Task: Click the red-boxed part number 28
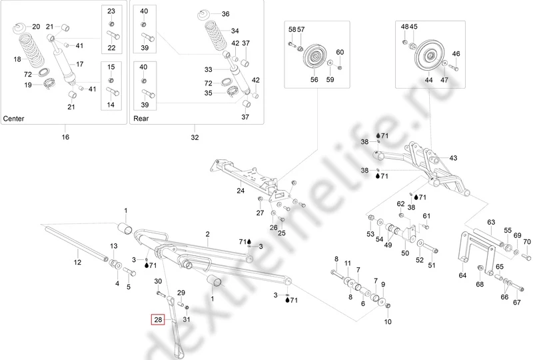point(159,320)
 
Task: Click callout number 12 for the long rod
point(77,262)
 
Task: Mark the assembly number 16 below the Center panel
point(65,137)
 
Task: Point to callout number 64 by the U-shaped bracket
point(462,275)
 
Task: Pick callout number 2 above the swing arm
point(207,234)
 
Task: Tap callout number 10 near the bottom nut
point(388,321)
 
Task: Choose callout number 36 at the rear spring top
point(225,14)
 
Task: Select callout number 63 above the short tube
point(491,222)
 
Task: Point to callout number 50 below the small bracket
point(405,253)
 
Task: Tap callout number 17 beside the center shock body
point(80,65)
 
